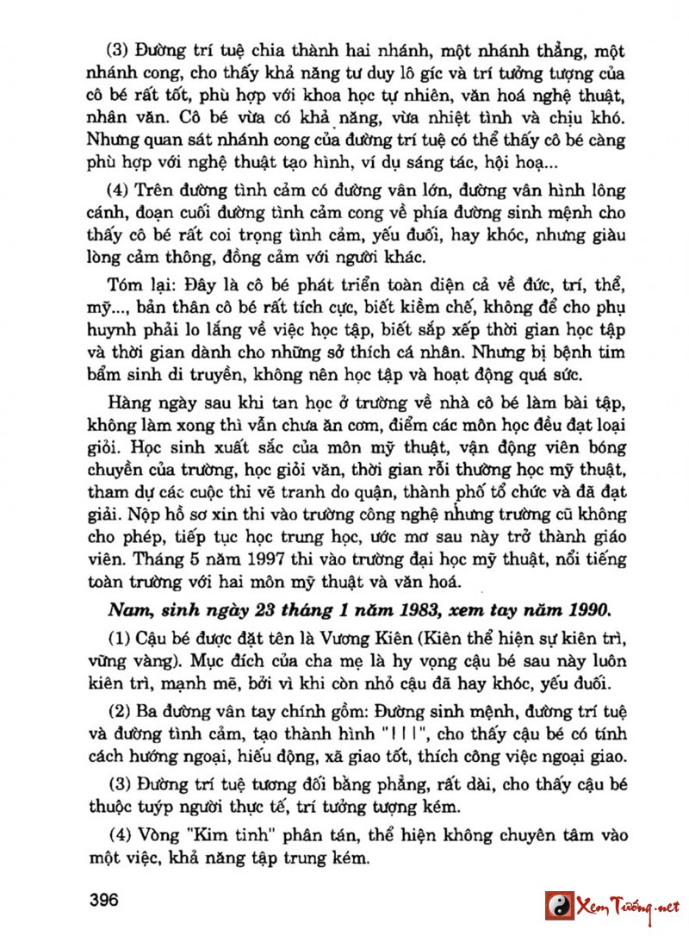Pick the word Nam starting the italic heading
pyautogui.click(x=125, y=610)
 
